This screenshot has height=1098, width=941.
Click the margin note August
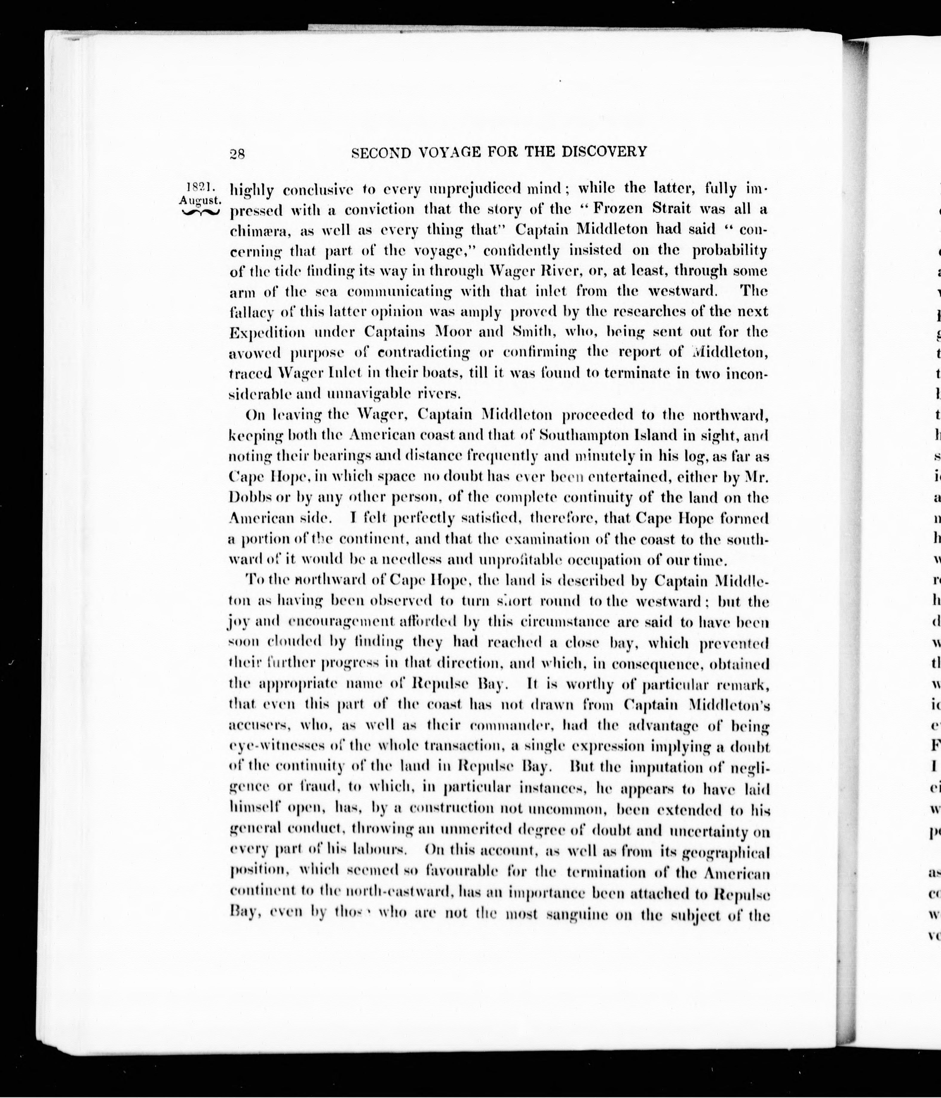tap(200, 200)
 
